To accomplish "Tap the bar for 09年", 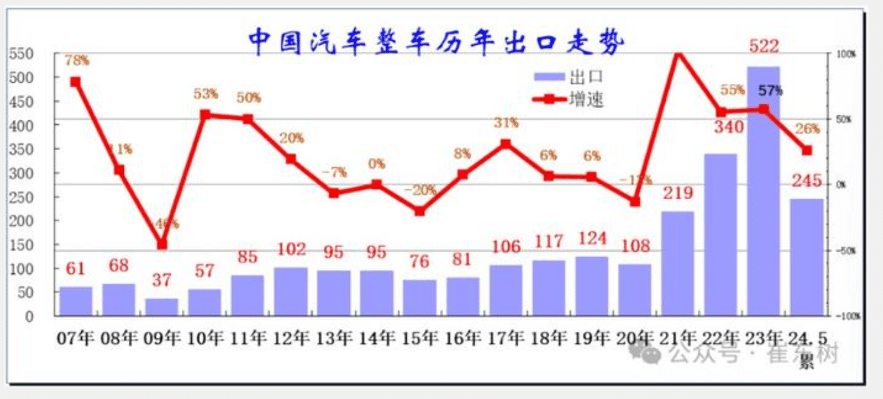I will pos(162,307).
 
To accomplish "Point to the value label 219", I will pos(678,193).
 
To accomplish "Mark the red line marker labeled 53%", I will pos(205,115).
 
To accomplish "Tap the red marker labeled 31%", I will pos(506,144).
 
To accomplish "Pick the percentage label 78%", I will pos(77,61).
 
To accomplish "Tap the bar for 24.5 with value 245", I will pos(806,257).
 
